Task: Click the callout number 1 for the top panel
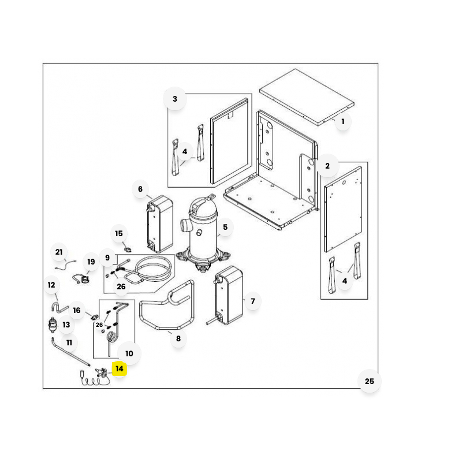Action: tap(342, 122)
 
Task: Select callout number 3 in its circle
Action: tap(175, 99)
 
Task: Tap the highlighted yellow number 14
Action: tap(120, 368)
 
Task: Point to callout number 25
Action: tap(370, 381)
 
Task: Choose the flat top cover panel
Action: tap(306, 96)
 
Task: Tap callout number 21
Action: tap(58, 252)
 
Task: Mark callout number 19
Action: tap(91, 262)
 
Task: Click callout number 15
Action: tap(119, 234)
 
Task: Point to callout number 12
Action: tap(51, 285)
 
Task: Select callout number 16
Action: tap(77, 311)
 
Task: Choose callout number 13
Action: tap(66, 325)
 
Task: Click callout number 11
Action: tap(69, 343)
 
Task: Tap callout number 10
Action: tap(129, 353)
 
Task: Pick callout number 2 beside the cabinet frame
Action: tap(327, 166)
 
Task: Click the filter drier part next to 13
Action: tap(54, 325)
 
